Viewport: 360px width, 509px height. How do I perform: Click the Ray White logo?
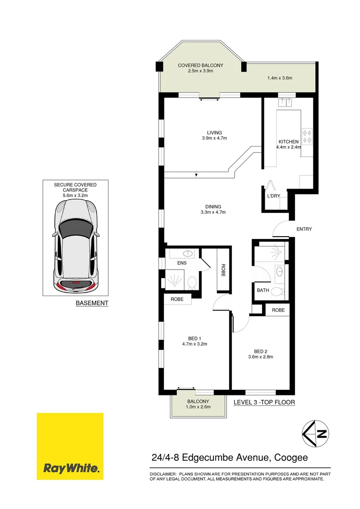coord(70,446)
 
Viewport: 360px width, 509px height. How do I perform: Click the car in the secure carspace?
coord(76,245)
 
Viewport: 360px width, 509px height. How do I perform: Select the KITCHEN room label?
coord(288,142)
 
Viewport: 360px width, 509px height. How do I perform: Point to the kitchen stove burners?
coord(307,136)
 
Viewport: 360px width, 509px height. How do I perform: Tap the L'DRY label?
coord(274,195)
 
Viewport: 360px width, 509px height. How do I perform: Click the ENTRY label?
coord(304,230)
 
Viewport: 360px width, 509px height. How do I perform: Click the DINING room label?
coord(213,206)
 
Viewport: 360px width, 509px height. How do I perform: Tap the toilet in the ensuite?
coord(192,283)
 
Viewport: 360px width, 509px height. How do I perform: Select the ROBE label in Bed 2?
coord(278,311)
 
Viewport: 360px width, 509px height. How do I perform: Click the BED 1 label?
coord(195,338)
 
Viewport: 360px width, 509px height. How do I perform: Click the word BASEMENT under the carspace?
coord(92,303)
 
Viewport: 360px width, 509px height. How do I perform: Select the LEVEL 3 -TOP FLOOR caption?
coord(264,402)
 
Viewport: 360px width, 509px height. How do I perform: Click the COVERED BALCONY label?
coord(200,66)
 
